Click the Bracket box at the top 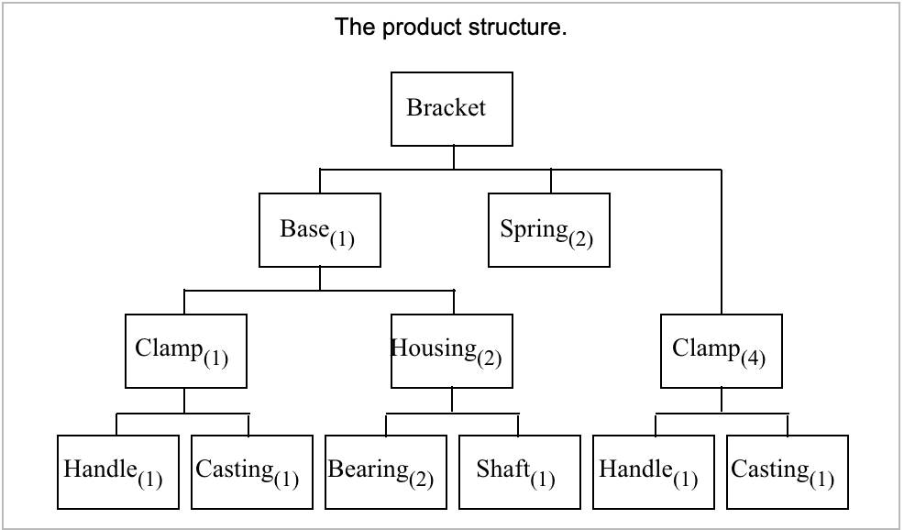(x=452, y=109)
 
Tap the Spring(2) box (x=548, y=229)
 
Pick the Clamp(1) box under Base (x=185, y=351)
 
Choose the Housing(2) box (x=452, y=351)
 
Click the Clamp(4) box (x=722, y=351)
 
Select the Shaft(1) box (x=519, y=471)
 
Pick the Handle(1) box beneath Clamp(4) (x=654, y=471)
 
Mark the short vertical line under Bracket (x=453, y=158)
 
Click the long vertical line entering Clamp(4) (x=722, y=243)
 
